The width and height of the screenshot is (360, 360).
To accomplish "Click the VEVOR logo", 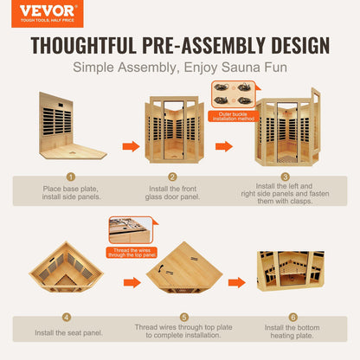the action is click(x=48, y=14).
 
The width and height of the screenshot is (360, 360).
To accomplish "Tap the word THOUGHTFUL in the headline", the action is click(x=84, y=45).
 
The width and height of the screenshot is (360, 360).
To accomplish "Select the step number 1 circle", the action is click(x=71, y=177).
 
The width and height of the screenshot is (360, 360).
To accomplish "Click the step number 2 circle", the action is click(x=172, y=177).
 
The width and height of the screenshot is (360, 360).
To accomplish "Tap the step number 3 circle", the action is click(x=285, y=177).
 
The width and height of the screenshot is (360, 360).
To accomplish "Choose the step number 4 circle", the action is click(x=67, y=318).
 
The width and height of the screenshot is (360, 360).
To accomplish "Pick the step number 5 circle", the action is click(x=184, y=318).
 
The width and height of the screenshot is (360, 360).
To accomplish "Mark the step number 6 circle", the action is click(x=292, y=318).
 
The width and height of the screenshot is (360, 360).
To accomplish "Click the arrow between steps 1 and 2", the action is click(x=131, y=146).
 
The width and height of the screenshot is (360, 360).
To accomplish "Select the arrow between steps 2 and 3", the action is click(x=224, y=146).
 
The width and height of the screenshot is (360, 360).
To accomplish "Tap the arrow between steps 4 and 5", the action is click(x=132, y=283).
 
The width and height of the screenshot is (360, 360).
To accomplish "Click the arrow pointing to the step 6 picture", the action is click(x=237, y=283).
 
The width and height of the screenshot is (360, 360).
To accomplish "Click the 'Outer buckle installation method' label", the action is click(x=234, y=116).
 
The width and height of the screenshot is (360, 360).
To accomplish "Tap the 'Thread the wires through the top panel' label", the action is click(x=132, y=253).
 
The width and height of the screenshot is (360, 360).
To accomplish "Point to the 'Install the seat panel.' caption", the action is click(x=68, y=333).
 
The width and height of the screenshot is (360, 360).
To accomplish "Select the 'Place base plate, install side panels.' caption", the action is click(x=71, y=193).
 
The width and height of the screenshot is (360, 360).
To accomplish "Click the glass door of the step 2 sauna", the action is click(x=173, y=130).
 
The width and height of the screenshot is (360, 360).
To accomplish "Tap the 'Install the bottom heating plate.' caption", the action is click(x=292, y=331).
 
